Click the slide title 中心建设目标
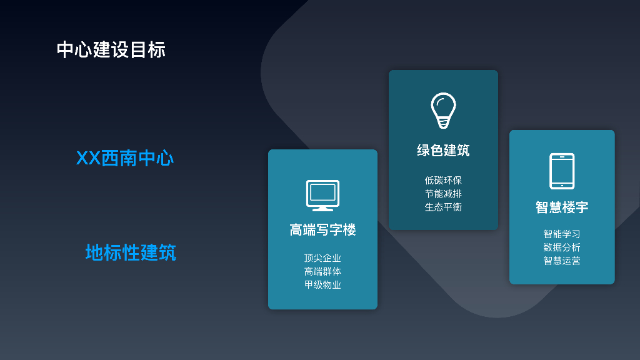[x=111, y=49]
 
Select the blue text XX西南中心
[x=124, y=158]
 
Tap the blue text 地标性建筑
[x=131, y=253]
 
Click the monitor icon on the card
[x=322, y=195]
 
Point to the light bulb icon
[x=443, y=110]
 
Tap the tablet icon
[x=562, y=171]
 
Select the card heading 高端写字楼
[x=322, y=230]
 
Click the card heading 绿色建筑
[x=443, y=151]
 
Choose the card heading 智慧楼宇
[x=562, y=207]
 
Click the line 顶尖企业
[x=322, y=258]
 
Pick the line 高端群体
[x=322, y=271]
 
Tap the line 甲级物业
[x=322, y=285]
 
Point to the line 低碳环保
[x=443, y=181]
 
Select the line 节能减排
[x=443, y=194]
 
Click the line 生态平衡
[x=443, y=207]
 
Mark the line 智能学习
[x=562, y=234]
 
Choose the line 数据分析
[x=562, y=247]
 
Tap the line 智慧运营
[x=562, y=261]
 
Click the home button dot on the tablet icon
[x=562, y=185]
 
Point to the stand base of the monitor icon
[x=322, y=209]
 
